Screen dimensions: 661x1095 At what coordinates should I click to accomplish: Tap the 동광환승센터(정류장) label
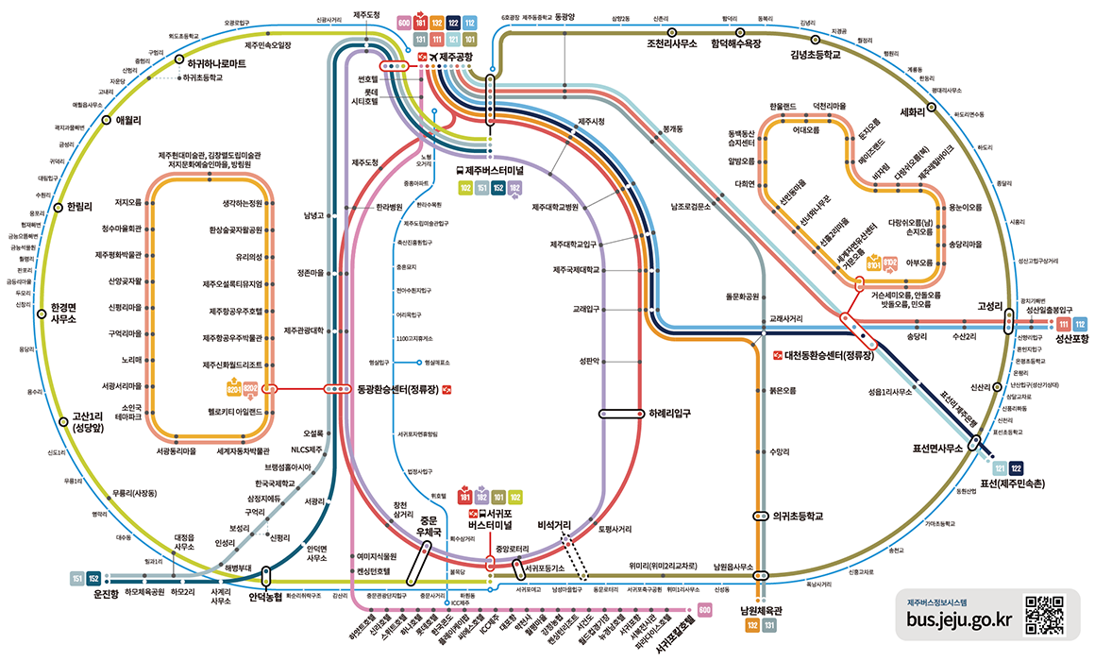(x=397, y=389)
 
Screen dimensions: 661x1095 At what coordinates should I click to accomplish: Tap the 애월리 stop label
(x=127, y=120)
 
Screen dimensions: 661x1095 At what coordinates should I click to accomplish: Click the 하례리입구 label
(x=670, y=413)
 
